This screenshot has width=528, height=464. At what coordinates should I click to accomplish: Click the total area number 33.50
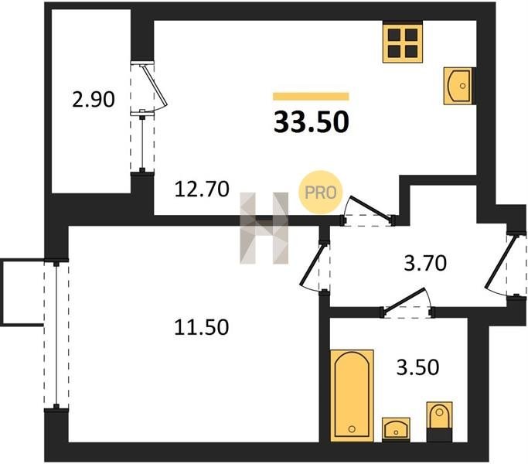click(311, 122)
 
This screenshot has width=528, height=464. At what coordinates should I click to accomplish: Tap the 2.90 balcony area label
click(94, 100)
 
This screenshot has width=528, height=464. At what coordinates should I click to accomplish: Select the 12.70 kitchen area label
click(202, 189)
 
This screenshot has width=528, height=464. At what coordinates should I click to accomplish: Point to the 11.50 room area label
click(201, 327)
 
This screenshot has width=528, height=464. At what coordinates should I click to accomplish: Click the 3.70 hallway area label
click(425, 263)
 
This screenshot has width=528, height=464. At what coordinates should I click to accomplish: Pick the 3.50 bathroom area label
click(417, 367)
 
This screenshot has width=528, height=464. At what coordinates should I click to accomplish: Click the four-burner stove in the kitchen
click(403, 42)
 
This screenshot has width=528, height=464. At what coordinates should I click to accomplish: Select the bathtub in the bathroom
click(352, 396)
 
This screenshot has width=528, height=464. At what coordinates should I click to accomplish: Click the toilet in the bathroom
click(439, 421)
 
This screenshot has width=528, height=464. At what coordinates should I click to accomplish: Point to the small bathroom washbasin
click(396, 429)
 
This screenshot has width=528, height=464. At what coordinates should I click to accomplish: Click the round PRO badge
click(320, 193)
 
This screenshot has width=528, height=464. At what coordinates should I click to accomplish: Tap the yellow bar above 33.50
click(311, 97)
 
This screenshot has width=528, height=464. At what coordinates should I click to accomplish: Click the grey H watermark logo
click(264, 228)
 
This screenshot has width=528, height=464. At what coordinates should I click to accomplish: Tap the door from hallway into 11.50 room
click(315, 267)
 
